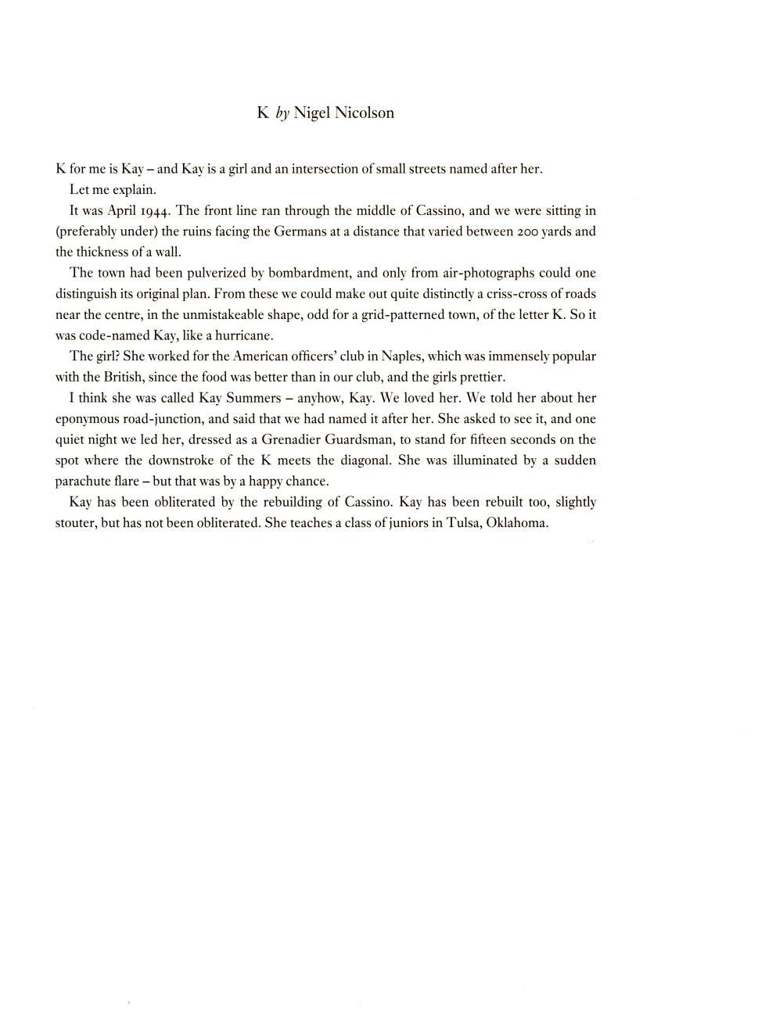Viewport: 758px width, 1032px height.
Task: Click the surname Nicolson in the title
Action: [365, 113]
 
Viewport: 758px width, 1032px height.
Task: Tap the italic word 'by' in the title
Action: [282, 113]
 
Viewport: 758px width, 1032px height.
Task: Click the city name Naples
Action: [402, 357]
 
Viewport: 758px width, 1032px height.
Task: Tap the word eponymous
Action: [88, 419]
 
